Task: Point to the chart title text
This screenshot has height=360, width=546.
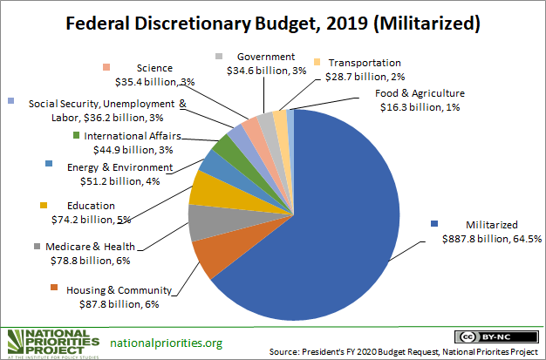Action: pos(273,24)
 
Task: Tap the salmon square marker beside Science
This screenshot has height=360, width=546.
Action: pos(106,68)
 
